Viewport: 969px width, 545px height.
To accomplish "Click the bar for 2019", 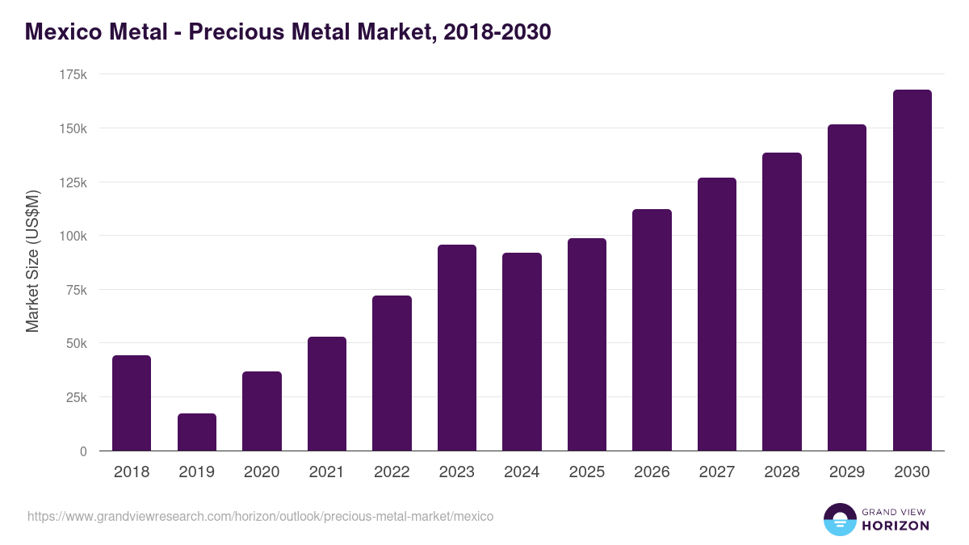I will (x=197, y=432).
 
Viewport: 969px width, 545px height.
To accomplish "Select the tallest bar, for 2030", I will (x=912, y=270).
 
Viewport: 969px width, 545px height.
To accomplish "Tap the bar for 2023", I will (x=457, y=347).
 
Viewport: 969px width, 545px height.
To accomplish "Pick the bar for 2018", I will (x=132, y=403).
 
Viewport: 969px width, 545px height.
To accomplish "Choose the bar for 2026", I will (x=652, y=329).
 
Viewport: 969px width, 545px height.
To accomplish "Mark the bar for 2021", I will (x=327, y=393).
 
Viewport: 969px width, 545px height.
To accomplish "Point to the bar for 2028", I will (x=782, y=301).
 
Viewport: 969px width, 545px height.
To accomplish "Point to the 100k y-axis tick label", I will (x=73, y=236).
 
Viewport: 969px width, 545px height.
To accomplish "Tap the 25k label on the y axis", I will (x=77, y=397).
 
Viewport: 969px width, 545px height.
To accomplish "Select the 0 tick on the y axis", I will (x=83, y=451).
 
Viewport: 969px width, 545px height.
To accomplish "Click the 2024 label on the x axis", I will (x=522, y=472).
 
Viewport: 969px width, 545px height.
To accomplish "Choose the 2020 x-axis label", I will (x=262, y=472).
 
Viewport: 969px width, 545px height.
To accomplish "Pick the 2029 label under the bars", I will (x=847, y=472).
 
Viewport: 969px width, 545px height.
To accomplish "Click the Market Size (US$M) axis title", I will (x=32, y=262).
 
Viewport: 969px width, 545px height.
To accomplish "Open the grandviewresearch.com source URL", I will (x=260, y=516).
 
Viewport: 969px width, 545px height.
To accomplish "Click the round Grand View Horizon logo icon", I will (x=839, y=519).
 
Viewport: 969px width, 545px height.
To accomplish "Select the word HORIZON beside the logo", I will (x=896, y=526).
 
